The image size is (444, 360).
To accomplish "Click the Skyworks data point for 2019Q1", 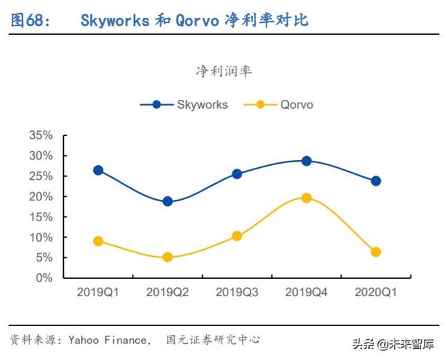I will tap(98, 170).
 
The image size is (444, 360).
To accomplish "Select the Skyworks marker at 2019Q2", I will tap(167, 201).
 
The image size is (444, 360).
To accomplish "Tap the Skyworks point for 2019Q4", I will tap(306, 161).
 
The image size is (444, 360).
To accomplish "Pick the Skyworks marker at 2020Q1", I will tap(375, 180).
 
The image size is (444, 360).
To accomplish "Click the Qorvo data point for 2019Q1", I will tap(98, 241).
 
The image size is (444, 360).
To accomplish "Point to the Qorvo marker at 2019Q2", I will tap(167, 257).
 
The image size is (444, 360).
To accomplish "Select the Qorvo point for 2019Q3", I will tap(237, 236).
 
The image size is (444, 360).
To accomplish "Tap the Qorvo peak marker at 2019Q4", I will tap(306, 198).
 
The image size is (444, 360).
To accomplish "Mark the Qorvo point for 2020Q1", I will tap(375, 252).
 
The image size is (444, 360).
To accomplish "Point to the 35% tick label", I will tap(40, 135).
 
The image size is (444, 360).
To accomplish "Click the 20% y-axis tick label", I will tap(40, 196).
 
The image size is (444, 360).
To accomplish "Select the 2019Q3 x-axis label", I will tap(237, 293).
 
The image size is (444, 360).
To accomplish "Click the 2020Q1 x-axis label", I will tap(375, 293).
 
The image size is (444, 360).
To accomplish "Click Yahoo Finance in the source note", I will tap(108, 340).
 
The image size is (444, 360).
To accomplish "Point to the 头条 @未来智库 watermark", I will tap(396, 343).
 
